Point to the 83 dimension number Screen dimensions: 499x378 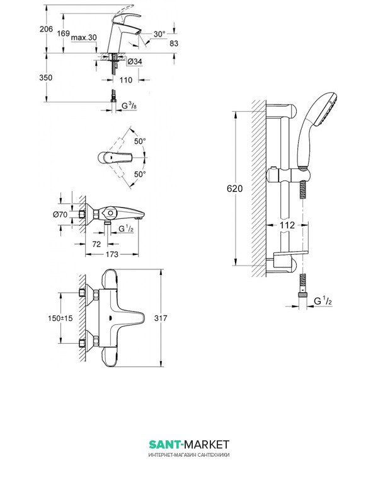coord(176,42)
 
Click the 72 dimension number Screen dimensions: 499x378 coord(97,243)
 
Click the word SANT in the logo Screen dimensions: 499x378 coord(163,445)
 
